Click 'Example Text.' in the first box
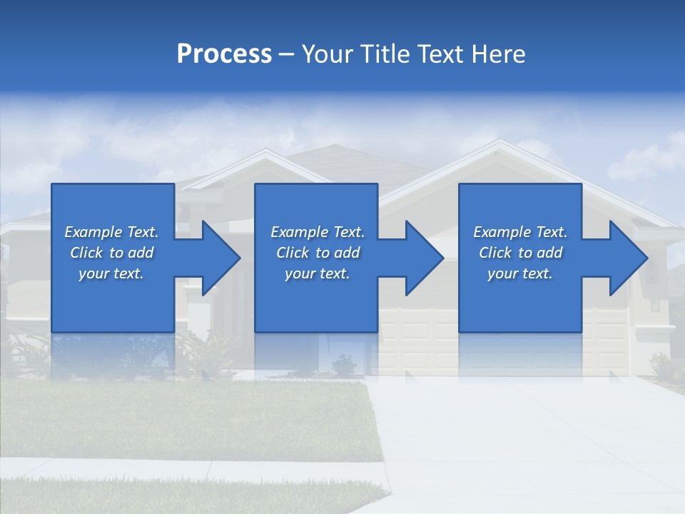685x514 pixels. click(111, 232)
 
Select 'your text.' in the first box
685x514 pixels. click(111, 273)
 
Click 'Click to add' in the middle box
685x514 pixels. click(318, 253)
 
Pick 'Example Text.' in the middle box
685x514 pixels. click(318, 232)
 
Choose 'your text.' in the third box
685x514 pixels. click(520, 273)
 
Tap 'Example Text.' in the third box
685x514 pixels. click(520, 232)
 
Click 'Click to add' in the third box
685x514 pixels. click(520, 253)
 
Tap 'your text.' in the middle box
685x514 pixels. click(318, 273)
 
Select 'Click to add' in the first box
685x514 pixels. click(111, 253)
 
